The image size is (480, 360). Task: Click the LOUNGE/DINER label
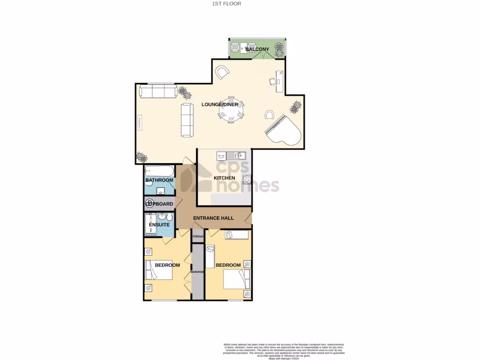point(217,104)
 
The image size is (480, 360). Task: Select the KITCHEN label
point(225,178)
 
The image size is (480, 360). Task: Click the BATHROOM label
point(159,180)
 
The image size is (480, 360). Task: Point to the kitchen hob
point(247,179)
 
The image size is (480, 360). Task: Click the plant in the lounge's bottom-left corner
point(141,157)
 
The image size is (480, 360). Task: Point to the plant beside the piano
point(295,107)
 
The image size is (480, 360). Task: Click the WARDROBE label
point(197,272)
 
